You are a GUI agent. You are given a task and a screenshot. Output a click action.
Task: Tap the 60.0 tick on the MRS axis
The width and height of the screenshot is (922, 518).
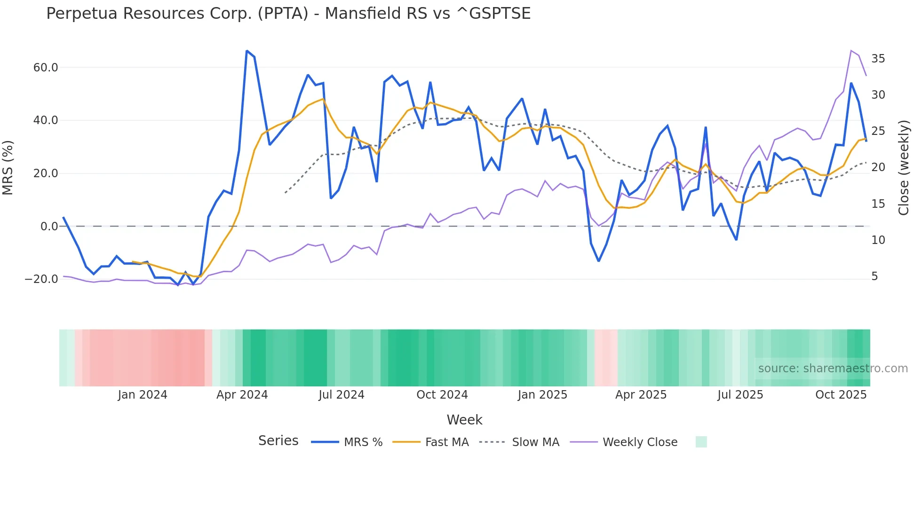[46, 68]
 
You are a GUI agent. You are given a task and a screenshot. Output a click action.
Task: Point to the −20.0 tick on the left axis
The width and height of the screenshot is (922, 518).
[41, 279]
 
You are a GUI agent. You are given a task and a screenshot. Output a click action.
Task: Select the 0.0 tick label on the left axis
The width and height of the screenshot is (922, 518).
[49, 227]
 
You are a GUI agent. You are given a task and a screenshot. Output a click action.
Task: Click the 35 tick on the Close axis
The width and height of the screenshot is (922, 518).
[878, 59]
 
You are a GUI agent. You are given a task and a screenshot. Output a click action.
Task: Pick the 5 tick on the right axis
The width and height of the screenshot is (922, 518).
[874, 276]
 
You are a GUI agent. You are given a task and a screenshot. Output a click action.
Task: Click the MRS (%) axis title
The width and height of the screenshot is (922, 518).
[8, 168]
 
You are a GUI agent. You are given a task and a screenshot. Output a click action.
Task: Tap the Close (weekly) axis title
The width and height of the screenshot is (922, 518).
[904, 168]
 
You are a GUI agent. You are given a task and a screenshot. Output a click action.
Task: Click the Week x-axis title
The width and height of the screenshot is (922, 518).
[464, 420]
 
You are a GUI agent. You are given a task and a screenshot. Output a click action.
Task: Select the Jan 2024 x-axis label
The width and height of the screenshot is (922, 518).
[143, 395]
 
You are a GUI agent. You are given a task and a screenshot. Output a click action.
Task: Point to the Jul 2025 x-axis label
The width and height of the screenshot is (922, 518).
[740, 395]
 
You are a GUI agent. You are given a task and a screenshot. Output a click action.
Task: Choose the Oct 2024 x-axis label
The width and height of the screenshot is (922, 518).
[442, 395]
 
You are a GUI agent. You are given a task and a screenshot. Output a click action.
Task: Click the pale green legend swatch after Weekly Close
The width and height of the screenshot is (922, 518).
[701, 442]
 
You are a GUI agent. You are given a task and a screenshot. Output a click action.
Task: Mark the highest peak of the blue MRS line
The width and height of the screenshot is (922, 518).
[247, 51]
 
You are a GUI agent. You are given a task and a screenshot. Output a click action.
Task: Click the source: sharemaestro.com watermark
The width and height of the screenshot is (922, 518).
[833, 369]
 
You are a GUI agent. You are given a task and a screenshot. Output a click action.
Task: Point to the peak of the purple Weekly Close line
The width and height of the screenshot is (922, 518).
[851, 50]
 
